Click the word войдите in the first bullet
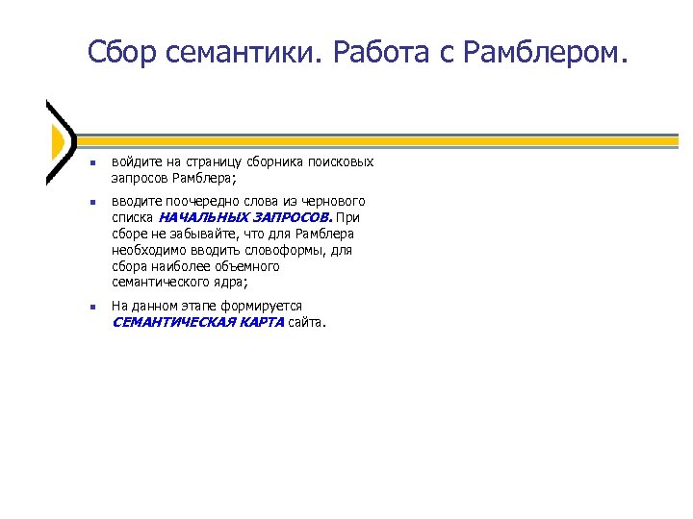coord(134,161)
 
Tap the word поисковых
coord(341,161)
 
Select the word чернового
coord(334,201)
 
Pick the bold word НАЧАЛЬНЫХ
coord(198,217)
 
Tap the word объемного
coord(248,266)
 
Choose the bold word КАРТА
coord(259,322)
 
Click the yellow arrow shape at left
coord(58,141)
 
